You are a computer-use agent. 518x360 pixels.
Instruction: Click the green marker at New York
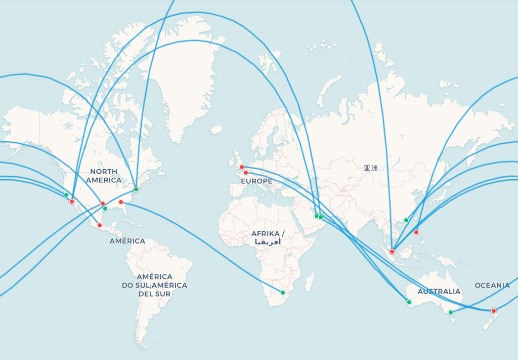tap(136, 189)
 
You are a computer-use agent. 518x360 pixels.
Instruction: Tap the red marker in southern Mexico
tap(100, 225)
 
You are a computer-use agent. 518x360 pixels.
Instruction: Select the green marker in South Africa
tap(283, 293)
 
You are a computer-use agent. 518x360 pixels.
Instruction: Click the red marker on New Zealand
tap(494, 311)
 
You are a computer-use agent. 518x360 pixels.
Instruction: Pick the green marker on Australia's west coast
tap(409, 302)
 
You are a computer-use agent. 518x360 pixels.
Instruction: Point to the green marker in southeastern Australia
tap(451, 312)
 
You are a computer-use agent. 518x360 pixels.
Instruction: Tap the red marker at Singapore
tap(392, 252)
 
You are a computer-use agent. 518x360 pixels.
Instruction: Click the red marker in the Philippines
tap(416, 232)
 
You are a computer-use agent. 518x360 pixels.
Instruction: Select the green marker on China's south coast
tap(406, 220)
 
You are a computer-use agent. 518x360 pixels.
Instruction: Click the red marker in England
tap(242, 167)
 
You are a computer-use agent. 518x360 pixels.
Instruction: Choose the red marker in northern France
tap(246, 173)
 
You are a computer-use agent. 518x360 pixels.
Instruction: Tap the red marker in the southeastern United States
tap(121, 202)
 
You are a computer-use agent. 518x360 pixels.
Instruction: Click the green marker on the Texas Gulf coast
tap(105, 209)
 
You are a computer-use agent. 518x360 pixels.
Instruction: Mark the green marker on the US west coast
tap(66, 195)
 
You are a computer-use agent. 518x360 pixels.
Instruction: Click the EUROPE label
tap(256, 181)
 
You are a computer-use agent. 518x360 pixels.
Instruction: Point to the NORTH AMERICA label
tap(104, 176)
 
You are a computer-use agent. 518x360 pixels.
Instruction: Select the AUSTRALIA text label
tap(439, 292)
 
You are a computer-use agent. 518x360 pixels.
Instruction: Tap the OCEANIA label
tap(492, 286)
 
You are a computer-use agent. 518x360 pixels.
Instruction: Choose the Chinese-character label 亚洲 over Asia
tap(370, 168)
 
